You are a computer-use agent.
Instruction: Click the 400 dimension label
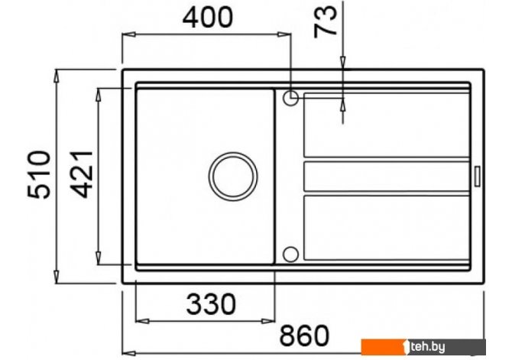point(208,18)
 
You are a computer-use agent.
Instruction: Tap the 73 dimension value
point(326,22)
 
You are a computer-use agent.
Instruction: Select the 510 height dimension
point(39,175)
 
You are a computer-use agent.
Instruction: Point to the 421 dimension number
point(82,175)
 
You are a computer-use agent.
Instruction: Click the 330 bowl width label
point(211,304)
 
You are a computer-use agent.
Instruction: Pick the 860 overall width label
point(305,336)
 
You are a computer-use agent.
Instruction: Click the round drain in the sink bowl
point(233,177)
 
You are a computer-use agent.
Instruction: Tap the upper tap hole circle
point(290,98)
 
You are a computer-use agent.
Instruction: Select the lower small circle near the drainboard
point(290,255)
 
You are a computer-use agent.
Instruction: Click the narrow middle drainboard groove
point(387,177)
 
